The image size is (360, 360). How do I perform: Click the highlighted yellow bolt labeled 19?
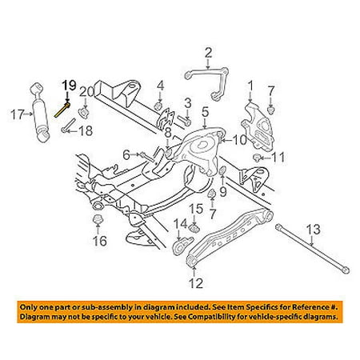coord(62,110)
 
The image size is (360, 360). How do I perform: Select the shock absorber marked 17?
coord(40,113)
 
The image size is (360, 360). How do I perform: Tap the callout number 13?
coord(313,230)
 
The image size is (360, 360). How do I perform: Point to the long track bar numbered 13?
coord(313,247)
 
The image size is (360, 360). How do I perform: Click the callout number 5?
coord(205,113)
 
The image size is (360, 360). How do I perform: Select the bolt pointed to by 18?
coord(69,125)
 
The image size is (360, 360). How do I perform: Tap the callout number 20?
coord(87,92)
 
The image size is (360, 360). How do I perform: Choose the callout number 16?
coord(99,241)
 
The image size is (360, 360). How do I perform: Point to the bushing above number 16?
coord(98,220)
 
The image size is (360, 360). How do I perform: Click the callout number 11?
coord(278,158)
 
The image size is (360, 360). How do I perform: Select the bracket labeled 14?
coord(182,246)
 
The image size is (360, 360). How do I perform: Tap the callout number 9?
coord(223,191)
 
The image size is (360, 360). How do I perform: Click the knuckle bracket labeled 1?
coord(257,126)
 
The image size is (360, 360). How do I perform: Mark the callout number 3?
coord(188,103)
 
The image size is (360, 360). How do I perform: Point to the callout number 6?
coord(126,155)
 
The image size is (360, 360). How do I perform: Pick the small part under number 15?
coord(195,228)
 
